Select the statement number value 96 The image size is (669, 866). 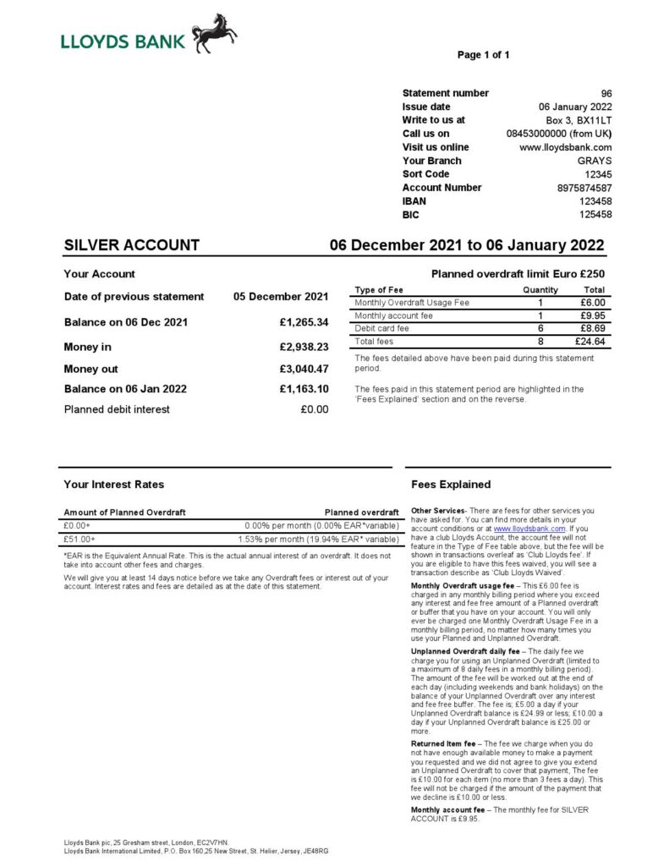(x=606, y=93)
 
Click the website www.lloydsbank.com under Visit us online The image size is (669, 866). (x=565, y=147)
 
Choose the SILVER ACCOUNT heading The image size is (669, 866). (x=132, y=246)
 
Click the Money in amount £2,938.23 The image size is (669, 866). (x=304, y=347)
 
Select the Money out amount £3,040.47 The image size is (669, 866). (x=304, y=369)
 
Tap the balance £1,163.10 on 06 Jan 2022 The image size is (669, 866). (x=304, y=389)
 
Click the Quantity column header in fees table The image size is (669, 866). (x=540, y=290)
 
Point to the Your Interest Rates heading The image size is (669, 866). (x=113, y=485)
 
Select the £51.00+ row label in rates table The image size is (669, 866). (x=80, y=539)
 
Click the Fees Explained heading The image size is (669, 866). (x=451, y=485)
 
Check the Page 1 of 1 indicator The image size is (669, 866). (x=483, y=55)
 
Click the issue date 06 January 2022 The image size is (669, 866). (x=575, y=107)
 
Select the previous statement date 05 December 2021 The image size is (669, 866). (x=281, y=297)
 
